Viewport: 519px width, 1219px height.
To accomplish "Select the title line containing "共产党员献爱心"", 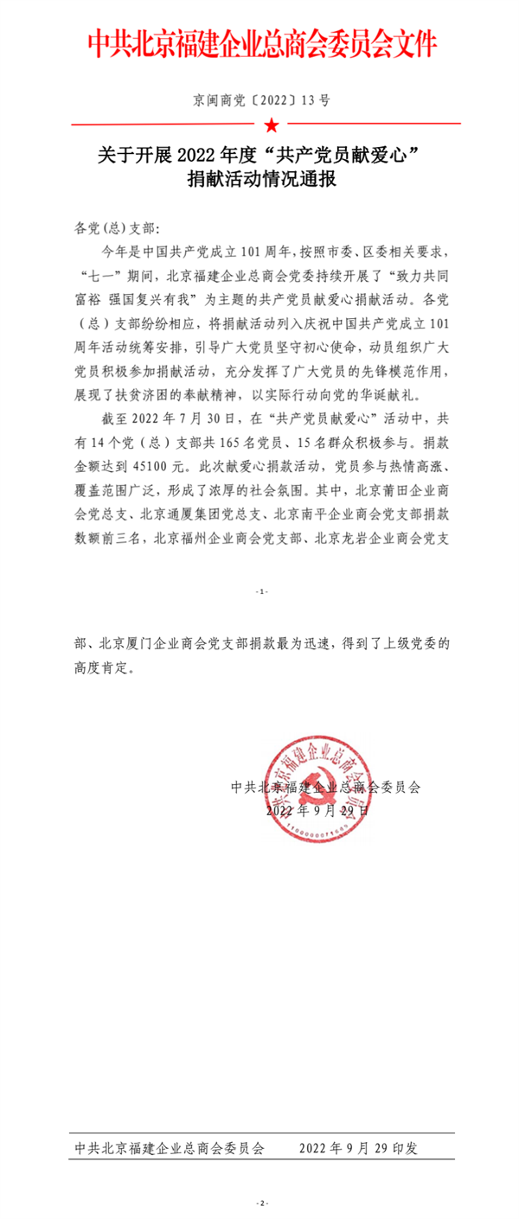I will (259, 156).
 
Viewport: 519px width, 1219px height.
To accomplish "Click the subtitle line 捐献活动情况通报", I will (259, 181).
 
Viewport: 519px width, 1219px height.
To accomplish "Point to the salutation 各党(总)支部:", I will (113, 229).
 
